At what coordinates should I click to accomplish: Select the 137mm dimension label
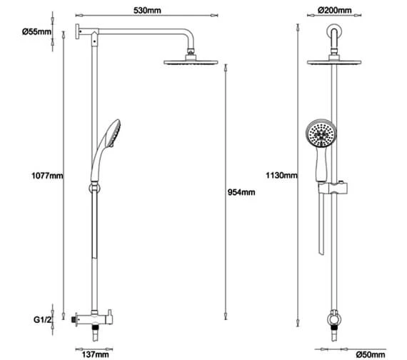(94, 352)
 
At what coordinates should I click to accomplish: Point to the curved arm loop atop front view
(334, 31)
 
